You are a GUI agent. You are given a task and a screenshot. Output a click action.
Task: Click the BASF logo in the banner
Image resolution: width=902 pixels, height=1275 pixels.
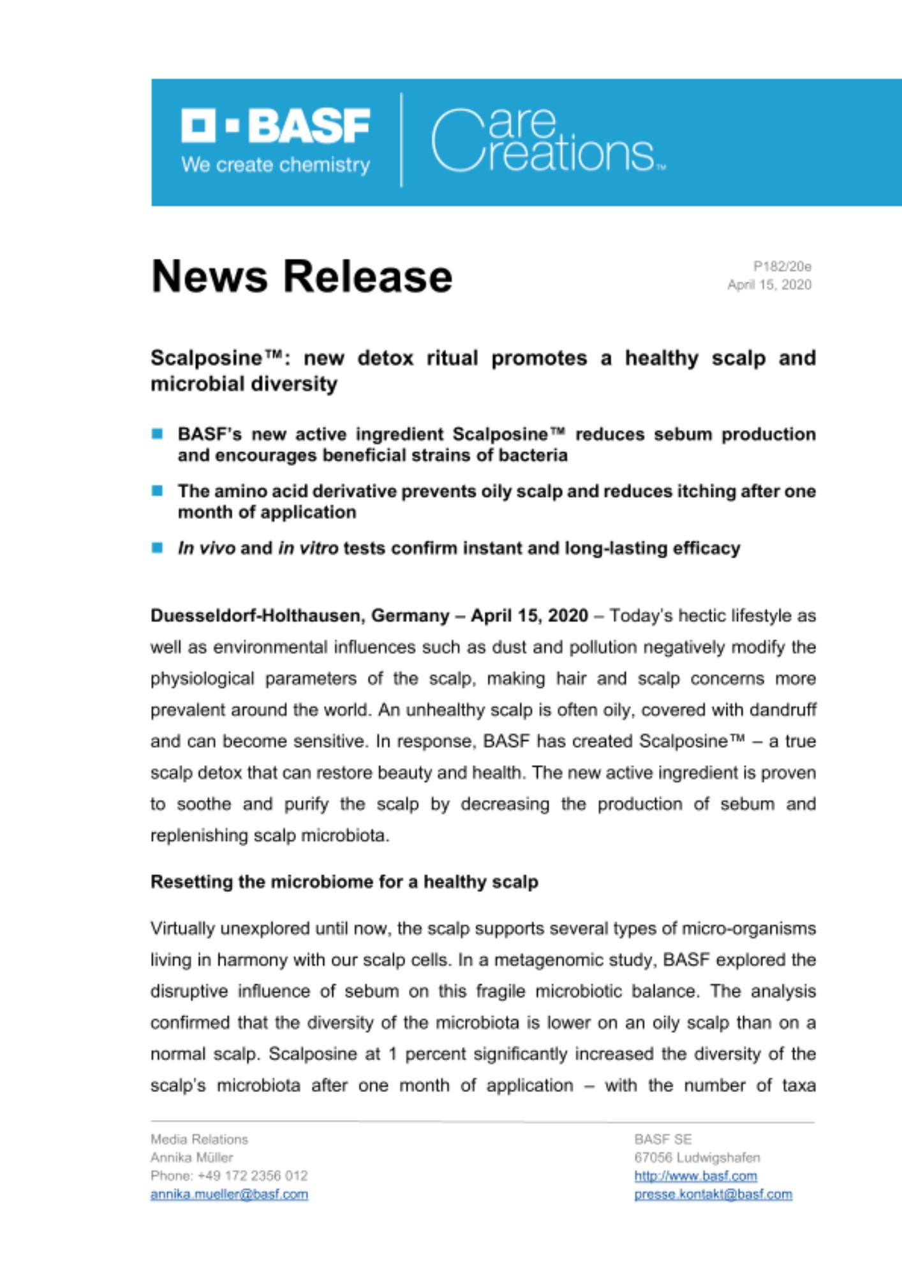click(x=276, y=126)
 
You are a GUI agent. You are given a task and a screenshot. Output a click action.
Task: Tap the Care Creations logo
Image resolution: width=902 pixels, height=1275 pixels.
click(x=547, y=141)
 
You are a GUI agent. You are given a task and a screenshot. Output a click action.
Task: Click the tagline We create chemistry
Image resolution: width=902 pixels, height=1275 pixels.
click(x=276, y=165)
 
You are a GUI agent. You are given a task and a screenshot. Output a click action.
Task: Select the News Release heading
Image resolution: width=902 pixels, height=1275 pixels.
click(x=302, y=277)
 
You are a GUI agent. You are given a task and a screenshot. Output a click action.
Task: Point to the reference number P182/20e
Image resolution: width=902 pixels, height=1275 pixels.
click(x=782, y=266)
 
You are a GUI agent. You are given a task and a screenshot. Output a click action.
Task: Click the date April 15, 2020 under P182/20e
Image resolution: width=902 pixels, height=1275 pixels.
click(x=769, y=285)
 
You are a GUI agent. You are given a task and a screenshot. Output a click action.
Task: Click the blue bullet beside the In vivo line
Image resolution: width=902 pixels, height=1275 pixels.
click(x=158, y=548)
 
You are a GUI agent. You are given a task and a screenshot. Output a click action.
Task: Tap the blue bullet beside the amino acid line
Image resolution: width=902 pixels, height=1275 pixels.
click(x=158, y=491)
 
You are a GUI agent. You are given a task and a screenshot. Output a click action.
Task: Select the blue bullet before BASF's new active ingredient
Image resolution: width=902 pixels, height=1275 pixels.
click(x=158, y=434)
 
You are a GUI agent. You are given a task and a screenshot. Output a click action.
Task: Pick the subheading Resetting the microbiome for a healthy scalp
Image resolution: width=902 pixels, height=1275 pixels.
click(x=344, y=882)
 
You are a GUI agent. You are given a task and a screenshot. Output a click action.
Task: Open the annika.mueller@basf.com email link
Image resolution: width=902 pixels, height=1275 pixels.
click(x=229, y=1194)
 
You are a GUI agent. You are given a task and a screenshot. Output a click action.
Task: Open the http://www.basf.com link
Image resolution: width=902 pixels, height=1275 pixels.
click(x=695, y=1176)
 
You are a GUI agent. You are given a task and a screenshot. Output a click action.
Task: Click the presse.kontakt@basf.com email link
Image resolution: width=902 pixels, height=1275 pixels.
click(x=713, y=1194)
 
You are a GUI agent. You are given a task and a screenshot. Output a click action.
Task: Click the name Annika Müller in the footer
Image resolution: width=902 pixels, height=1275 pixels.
click(x=192, y=1157)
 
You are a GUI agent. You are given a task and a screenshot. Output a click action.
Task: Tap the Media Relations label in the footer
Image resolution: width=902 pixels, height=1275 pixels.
click(x=199, y=1139)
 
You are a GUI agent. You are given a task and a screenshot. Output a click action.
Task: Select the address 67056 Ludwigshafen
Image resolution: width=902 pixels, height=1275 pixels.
click(x=697, y=1157)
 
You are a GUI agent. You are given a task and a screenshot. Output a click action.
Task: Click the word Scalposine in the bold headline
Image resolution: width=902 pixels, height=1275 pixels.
click(x=206, y=358)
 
